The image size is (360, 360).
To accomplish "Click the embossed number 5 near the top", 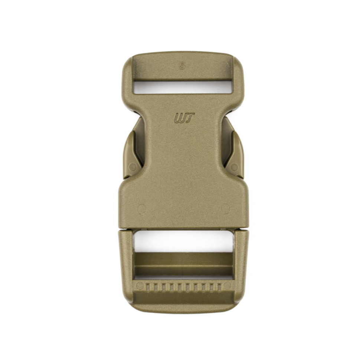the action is coord(182,66).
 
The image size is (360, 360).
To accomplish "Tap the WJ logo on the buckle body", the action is coord(184,118).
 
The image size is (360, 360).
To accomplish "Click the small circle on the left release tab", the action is coord(133,167).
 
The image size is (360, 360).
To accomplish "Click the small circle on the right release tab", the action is coord(234,167).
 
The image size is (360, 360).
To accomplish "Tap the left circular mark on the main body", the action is coord(141,209).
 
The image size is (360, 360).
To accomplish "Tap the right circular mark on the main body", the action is coord(225,209).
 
